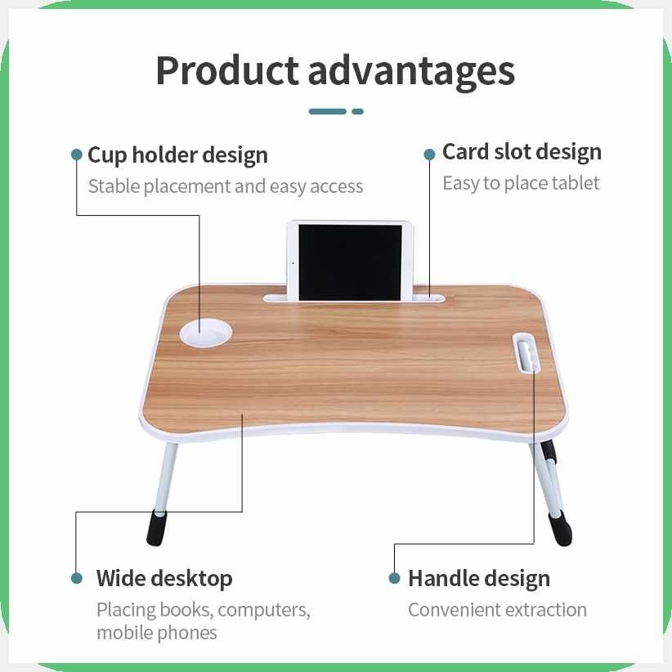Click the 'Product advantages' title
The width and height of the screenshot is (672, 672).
coord(335,71)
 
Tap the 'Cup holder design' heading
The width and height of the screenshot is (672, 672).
coord(178,155)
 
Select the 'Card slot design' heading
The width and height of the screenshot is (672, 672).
coord(522,152)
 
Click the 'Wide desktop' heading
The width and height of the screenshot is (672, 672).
coord(164,579)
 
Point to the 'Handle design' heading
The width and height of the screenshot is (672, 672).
coord(479,579)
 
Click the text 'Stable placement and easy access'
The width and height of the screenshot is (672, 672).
coord(226,186)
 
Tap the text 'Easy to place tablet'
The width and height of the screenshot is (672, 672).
coord(521,183)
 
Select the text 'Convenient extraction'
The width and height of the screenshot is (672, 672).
coord(497,609)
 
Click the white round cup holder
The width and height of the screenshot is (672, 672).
coord(206,334)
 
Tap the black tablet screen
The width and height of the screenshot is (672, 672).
coord(350,262)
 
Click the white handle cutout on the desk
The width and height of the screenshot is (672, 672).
coord(526,352)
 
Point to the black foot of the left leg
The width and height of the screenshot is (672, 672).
coord(156,528)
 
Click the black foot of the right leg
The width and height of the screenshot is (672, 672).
coord(561,530)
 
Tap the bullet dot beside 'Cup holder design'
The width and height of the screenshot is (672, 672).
coord(77,155)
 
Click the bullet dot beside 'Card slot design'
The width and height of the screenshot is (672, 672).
coord(429,155)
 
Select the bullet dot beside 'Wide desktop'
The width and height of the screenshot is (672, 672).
coord(77,578)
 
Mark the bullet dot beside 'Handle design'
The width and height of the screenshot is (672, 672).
coord(394,578)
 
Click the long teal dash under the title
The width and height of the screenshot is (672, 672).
coord(328,112)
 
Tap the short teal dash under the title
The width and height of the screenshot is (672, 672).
coord(357,112)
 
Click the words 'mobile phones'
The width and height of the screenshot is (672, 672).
coord(157,633)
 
